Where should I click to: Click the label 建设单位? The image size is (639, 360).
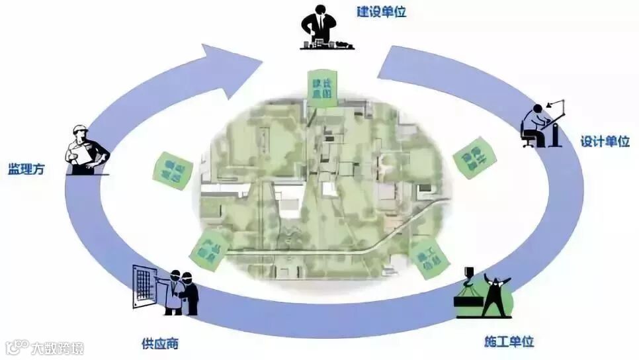(x=381, y=13)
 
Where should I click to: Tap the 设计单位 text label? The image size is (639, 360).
(x=605, y=142)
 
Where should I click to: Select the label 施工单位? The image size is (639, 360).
(x=509, y=342)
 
